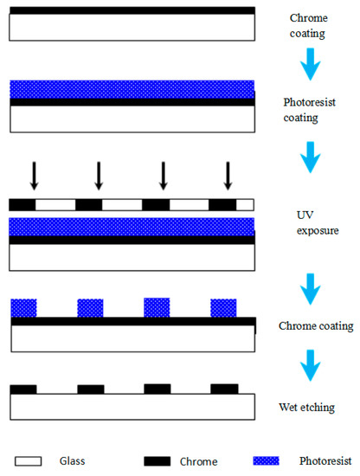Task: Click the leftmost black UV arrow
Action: pyautogui.click(x=34, y=174)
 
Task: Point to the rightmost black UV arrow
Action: pyautogui.click(x=228, y=174)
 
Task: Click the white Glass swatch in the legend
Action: pyautogui.click(x=29, y=462)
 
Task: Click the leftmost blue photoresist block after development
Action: pyautogui.click(x=23, y=307)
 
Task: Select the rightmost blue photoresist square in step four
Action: pyautogui.click(x=223, y=307)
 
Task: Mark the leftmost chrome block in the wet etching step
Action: pyautogui.click(x=23, y=389)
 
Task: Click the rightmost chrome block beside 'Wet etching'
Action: pyautogui.click(x=224, y=389)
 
